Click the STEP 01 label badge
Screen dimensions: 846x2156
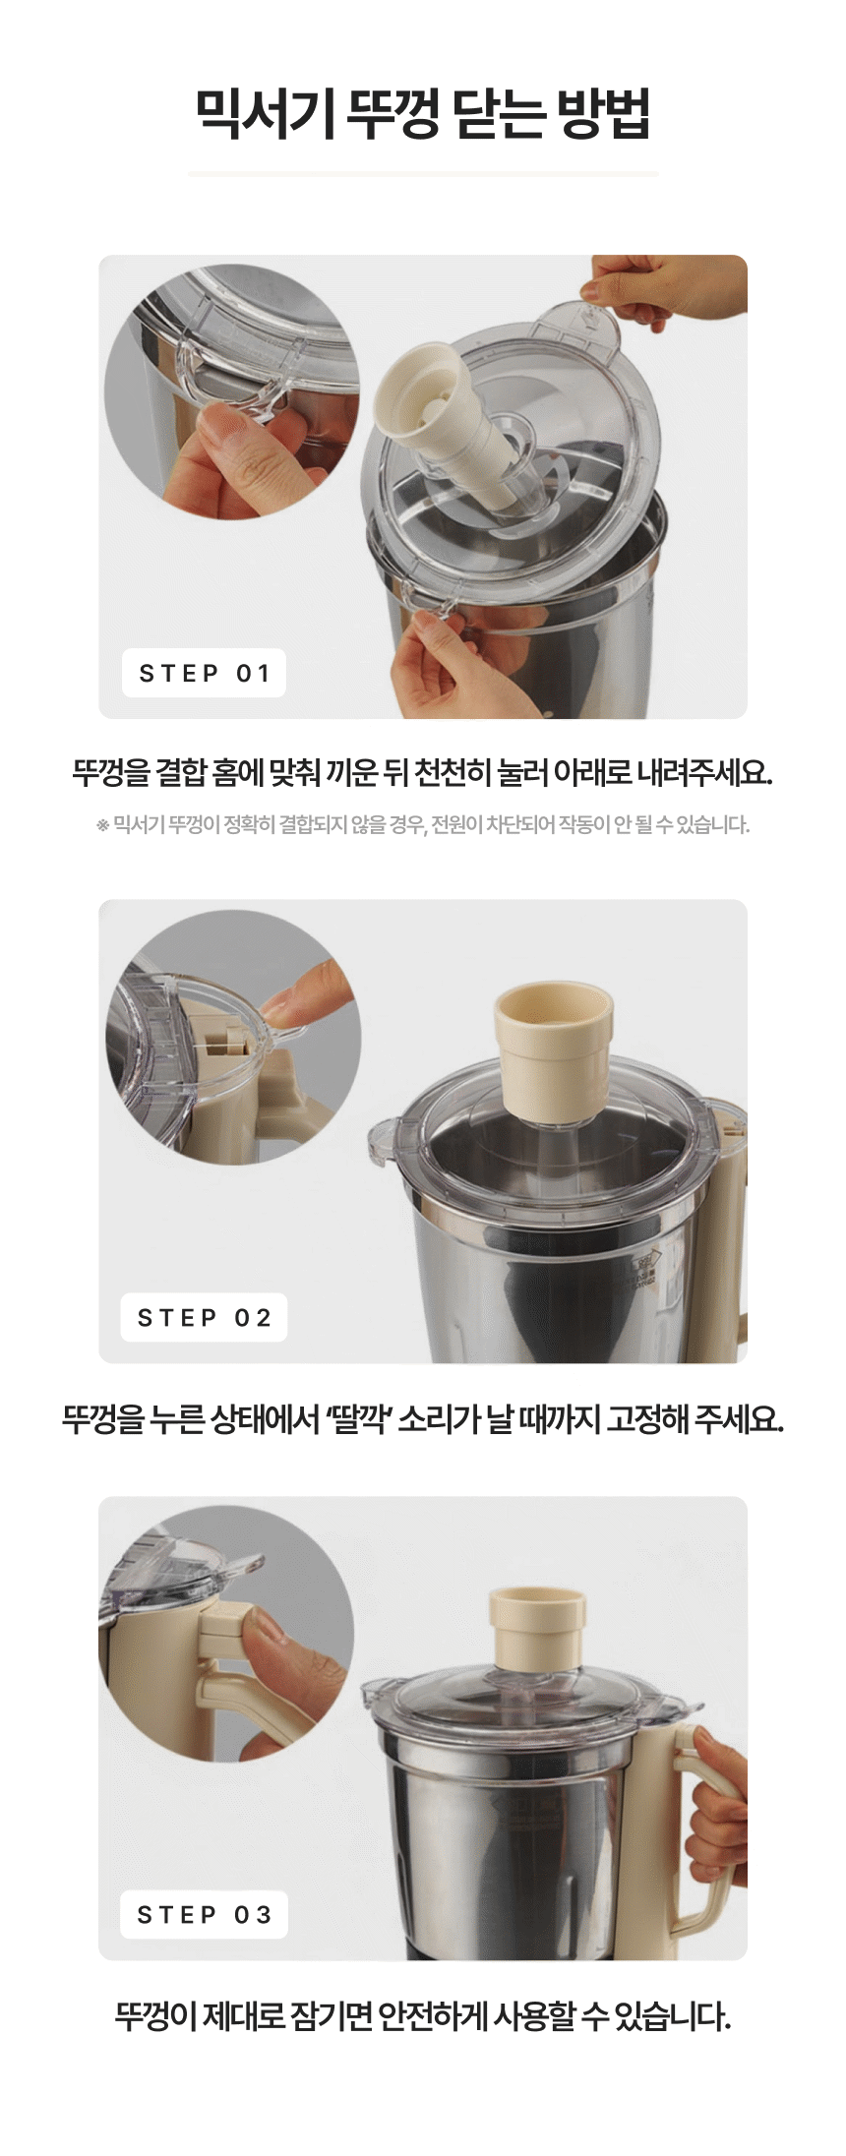[x=204, y=674]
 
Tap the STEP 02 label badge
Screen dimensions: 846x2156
[x=204, y=1318]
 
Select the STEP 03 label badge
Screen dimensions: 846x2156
[x=204, y=1915]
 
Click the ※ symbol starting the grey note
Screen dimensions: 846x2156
[x=102, y=825]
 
